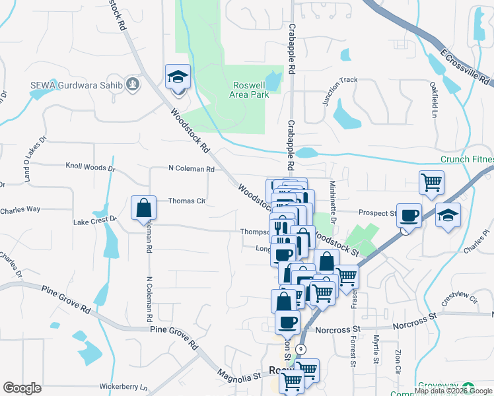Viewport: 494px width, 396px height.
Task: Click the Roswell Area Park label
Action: [251, 90]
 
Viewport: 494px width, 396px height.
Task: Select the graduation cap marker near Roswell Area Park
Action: [178, 77]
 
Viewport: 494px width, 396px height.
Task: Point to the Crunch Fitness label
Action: [467, 160]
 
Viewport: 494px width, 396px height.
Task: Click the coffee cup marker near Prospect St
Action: [409, 215]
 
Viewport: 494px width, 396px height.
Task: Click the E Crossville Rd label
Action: [466, 68]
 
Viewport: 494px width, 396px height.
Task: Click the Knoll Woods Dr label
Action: [90, 168]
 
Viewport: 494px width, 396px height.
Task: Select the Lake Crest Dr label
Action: [95, 218]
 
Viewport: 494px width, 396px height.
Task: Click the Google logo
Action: [22, 388]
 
